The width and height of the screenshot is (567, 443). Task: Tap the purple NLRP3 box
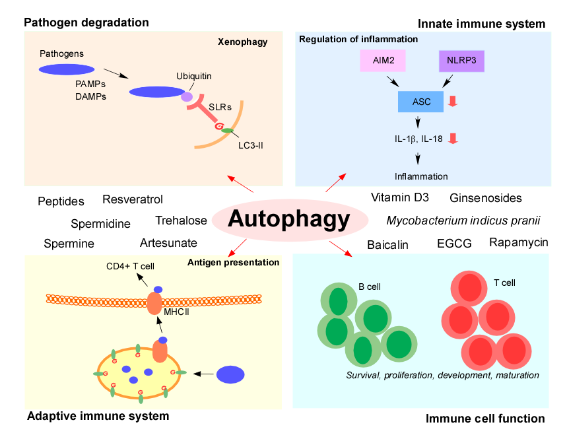461,61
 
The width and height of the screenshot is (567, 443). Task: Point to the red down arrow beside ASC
453,101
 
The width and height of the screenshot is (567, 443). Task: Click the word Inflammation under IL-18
421,176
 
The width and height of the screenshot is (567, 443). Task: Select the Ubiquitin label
194,76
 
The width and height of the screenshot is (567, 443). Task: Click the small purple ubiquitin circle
187,96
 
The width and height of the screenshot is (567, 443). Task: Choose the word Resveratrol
133,199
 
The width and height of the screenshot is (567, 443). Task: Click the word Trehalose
182,221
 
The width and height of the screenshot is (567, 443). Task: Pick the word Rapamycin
519,242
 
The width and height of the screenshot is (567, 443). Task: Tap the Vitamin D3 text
400,197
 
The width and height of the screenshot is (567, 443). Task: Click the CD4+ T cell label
130,267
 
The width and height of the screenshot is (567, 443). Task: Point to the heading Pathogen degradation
86,22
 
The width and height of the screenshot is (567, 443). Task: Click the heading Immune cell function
485,419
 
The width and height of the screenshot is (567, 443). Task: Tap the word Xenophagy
242,42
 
